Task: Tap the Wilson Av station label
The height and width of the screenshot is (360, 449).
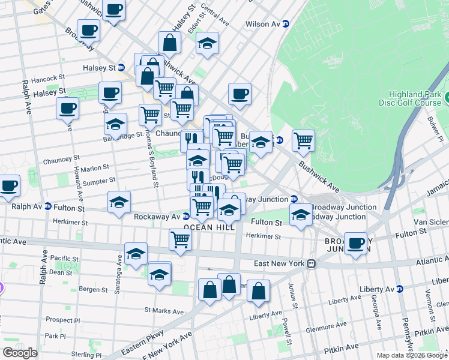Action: pyautogui.click(x=263, y=24)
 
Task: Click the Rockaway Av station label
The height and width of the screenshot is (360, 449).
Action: pyautogui.click(x=157, y=216)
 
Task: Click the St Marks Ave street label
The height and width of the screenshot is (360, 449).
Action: pyautogui.click(x=163, y=311)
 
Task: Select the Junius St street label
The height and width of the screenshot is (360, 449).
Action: pyautogui.click(x=292, y=295)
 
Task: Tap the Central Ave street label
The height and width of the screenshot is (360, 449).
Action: pyautogui.click(x=215, y=16)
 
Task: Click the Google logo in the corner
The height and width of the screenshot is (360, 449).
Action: pyautogui.click(x=20, y=353)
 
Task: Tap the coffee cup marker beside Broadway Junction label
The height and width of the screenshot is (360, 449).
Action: pyautogui.click(x=355, y=244)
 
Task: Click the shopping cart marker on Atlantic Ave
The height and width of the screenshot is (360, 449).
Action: pyautogui.click(x=180, y=239)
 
